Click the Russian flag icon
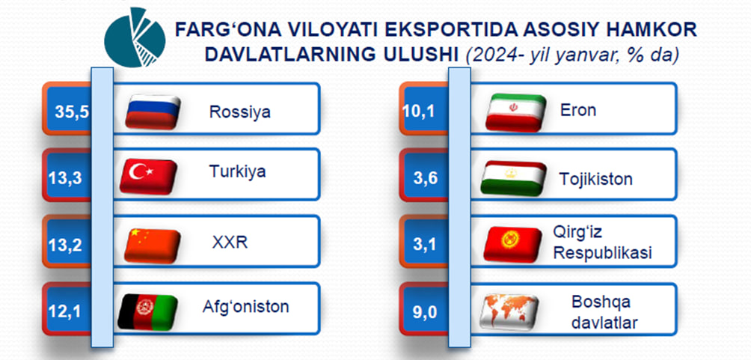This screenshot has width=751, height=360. click(x=153, y=112)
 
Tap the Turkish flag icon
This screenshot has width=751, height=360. click(x=148, y=177)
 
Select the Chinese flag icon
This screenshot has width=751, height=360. click(x=153, y=245)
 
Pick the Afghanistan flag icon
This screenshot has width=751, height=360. click(x=147, y=311)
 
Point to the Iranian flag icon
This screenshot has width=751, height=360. click(x=516, y=112)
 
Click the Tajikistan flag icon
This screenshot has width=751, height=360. click(x=513, y=178)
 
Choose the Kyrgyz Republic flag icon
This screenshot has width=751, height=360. click(x=512, y=245)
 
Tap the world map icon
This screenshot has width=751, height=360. click(x=509, y=312)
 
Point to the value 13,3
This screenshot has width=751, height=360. click(x=65, y=178)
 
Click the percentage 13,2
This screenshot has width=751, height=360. click(x=65, y=245)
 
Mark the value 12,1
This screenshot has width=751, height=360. click(x=65, y=312)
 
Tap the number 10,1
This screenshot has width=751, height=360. click(x=419, y=112)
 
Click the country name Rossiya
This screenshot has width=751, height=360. click(x=240, y=112)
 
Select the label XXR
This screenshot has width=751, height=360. click(x=230, y=243)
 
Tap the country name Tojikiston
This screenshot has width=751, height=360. click(x=596, y=180)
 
